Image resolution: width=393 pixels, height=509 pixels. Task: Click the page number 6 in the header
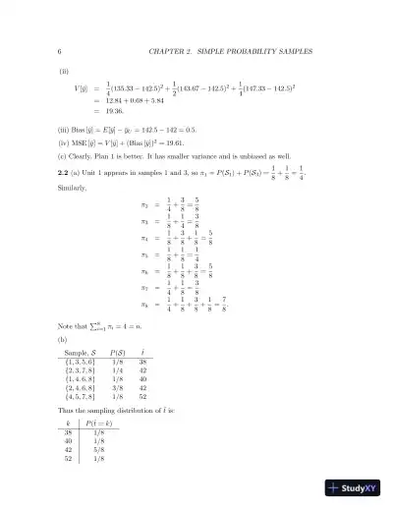[x=61, y=50]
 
